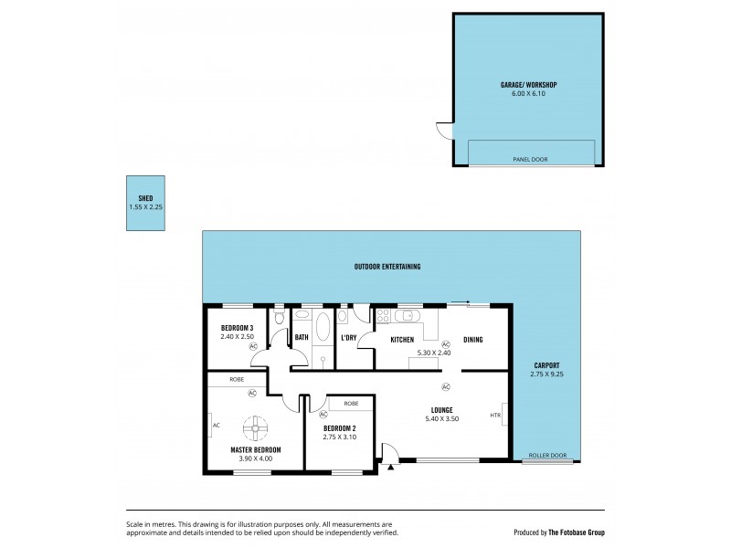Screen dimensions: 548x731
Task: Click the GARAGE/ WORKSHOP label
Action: point(528,84)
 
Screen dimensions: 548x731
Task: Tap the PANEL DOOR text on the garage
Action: point(529,159)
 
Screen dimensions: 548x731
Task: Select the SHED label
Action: point(146,198)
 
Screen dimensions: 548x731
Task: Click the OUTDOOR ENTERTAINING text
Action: point(387,267)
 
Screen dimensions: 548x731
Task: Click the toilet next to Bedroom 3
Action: point(279,320)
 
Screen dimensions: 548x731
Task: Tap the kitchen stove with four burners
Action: point(383,318)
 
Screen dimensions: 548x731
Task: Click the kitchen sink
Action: point(411,317)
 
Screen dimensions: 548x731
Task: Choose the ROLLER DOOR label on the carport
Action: point(547,455)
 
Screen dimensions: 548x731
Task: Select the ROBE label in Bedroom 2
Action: point(351,403)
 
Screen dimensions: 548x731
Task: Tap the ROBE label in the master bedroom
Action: point(237,378)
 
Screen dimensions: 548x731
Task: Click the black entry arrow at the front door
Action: point(391,467)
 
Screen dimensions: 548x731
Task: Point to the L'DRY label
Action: point(348,340)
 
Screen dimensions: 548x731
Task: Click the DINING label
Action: point(472,340)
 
